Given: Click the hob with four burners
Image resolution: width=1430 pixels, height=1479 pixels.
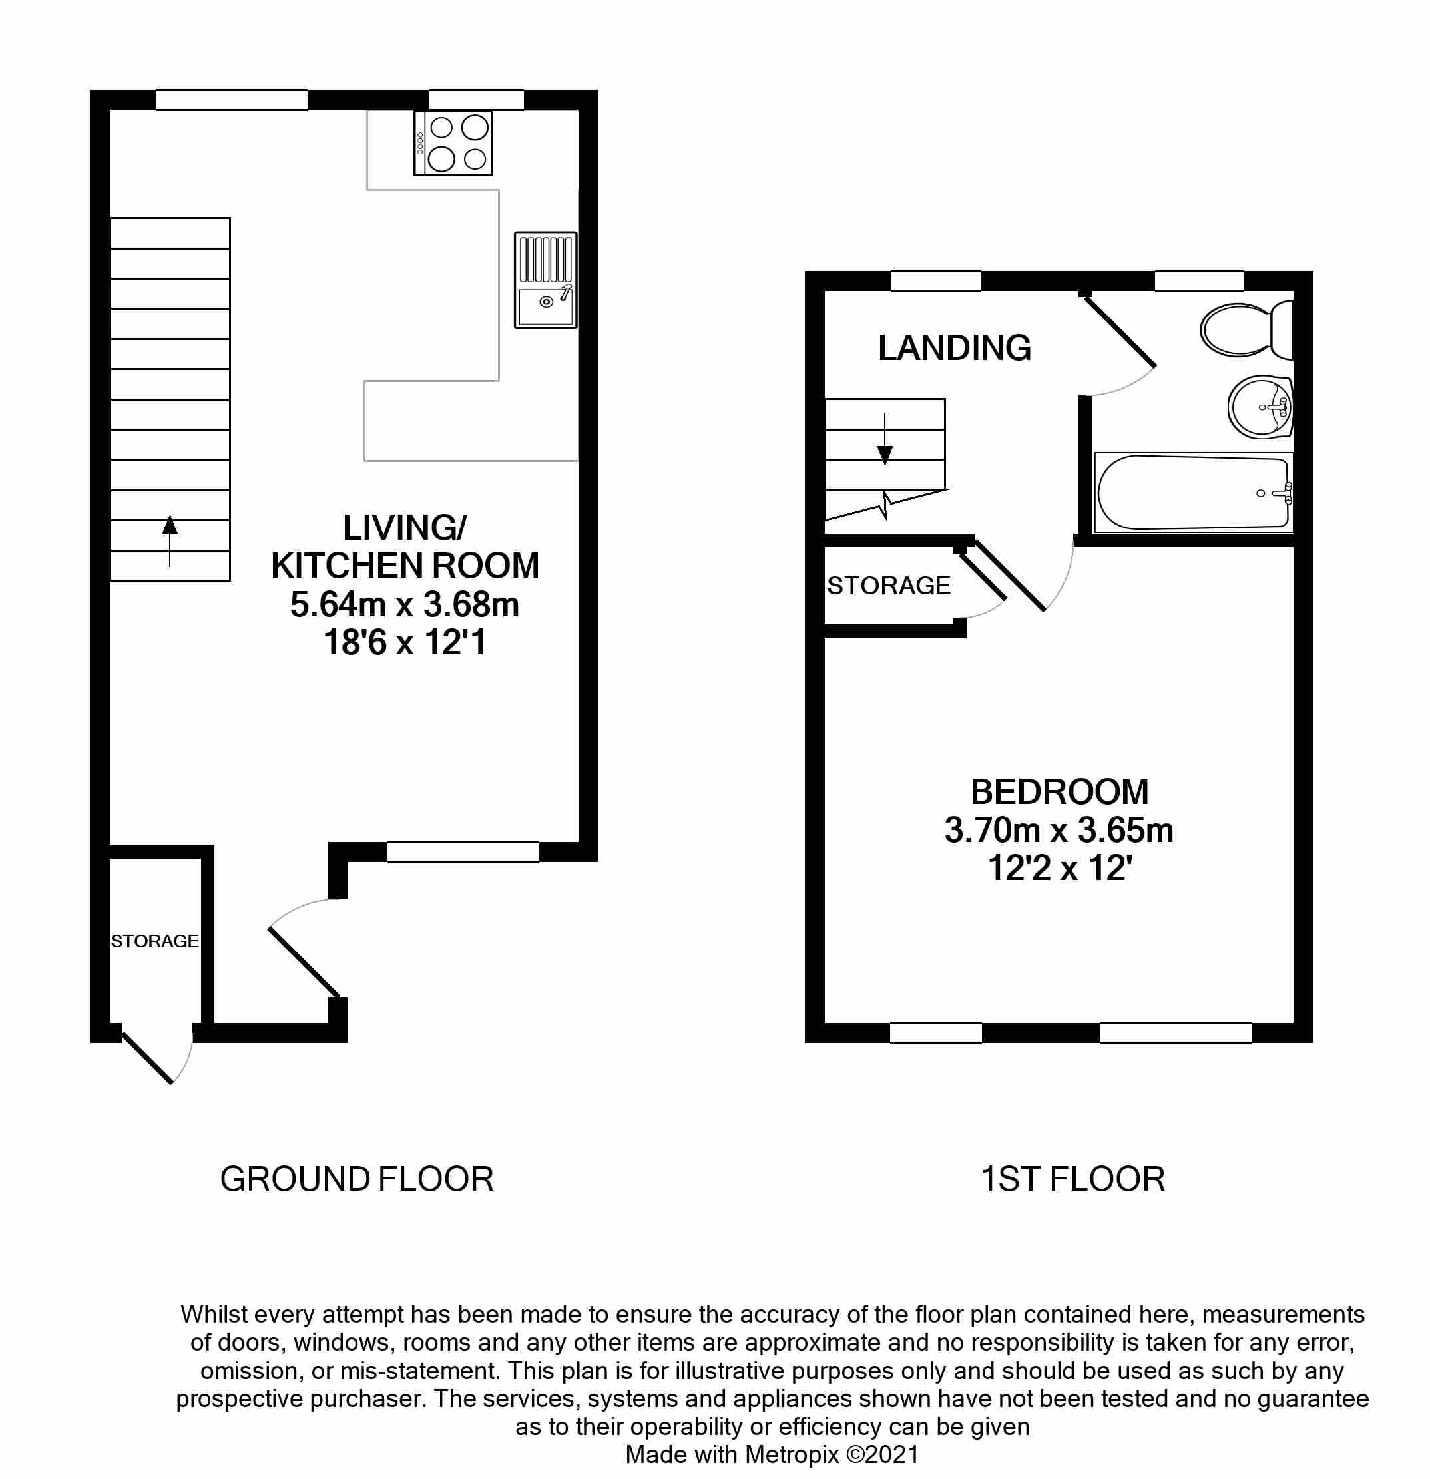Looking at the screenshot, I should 453,143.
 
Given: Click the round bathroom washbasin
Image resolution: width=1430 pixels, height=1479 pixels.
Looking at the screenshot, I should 1260,407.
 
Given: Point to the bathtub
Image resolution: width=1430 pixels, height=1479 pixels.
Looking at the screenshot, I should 1192,493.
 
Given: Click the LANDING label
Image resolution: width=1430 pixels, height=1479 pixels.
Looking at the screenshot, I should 954,349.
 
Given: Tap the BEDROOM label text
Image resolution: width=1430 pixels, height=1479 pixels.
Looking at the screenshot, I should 1059,792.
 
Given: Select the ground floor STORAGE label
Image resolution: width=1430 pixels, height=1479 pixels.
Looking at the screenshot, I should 154,941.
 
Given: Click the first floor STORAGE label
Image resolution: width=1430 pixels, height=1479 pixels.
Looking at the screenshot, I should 888,586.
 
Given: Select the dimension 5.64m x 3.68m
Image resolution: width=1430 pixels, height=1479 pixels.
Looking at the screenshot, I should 405,604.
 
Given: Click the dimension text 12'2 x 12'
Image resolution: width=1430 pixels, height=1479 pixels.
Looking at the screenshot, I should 1059,869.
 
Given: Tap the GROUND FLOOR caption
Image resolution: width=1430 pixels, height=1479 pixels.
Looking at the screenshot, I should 356,1179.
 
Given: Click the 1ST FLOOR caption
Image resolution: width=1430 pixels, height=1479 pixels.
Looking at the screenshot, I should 1072,1179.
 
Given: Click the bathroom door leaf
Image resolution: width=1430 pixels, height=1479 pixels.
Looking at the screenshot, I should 1120,332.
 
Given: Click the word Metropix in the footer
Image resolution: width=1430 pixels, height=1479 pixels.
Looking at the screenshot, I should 792,1454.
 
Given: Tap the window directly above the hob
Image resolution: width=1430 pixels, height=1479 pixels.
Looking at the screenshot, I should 476,100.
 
